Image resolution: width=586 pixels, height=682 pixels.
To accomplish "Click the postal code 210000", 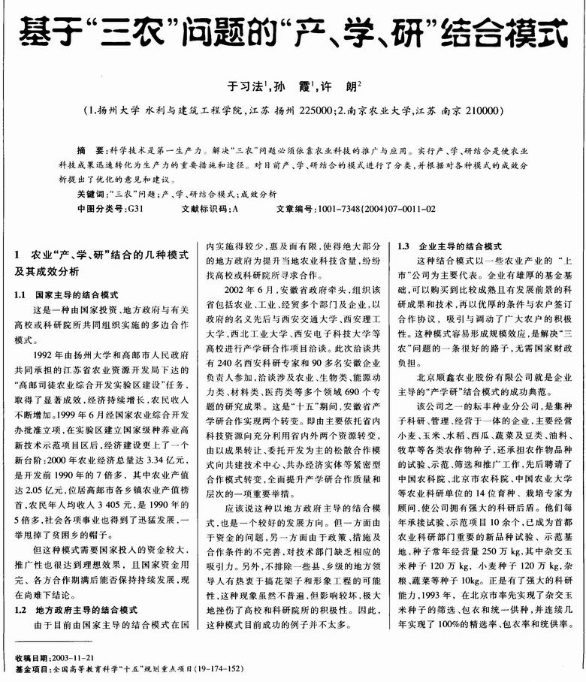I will coord(476,110).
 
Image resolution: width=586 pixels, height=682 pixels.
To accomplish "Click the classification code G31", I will coord(134,207).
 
